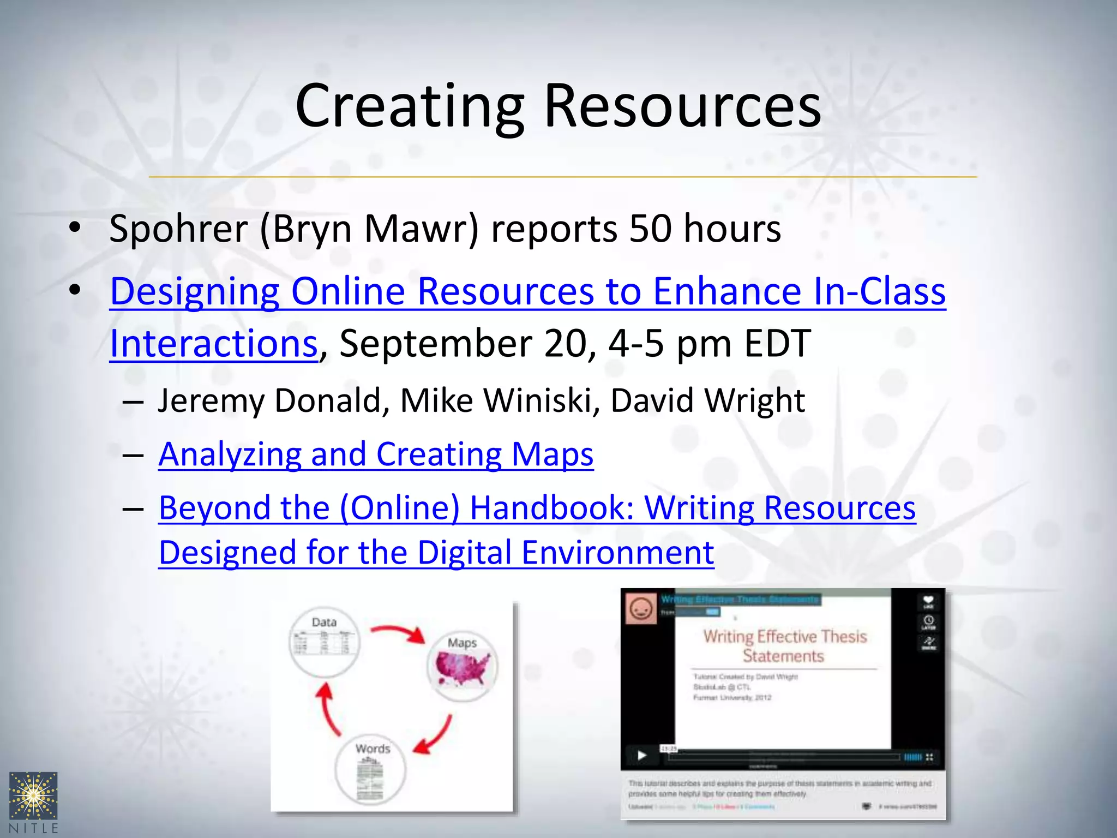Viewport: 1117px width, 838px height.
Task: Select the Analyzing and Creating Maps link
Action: click(376, 454)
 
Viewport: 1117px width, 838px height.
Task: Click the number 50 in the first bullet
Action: click(650, 229)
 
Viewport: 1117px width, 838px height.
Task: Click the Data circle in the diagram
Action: click(324, 642)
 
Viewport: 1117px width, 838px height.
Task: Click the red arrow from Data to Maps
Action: click(398, 633)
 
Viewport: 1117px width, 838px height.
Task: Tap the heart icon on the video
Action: click(928, 601)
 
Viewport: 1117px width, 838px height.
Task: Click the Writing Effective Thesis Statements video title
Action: click(784, 646)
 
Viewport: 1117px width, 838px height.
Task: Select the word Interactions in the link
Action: click(214, 344)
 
